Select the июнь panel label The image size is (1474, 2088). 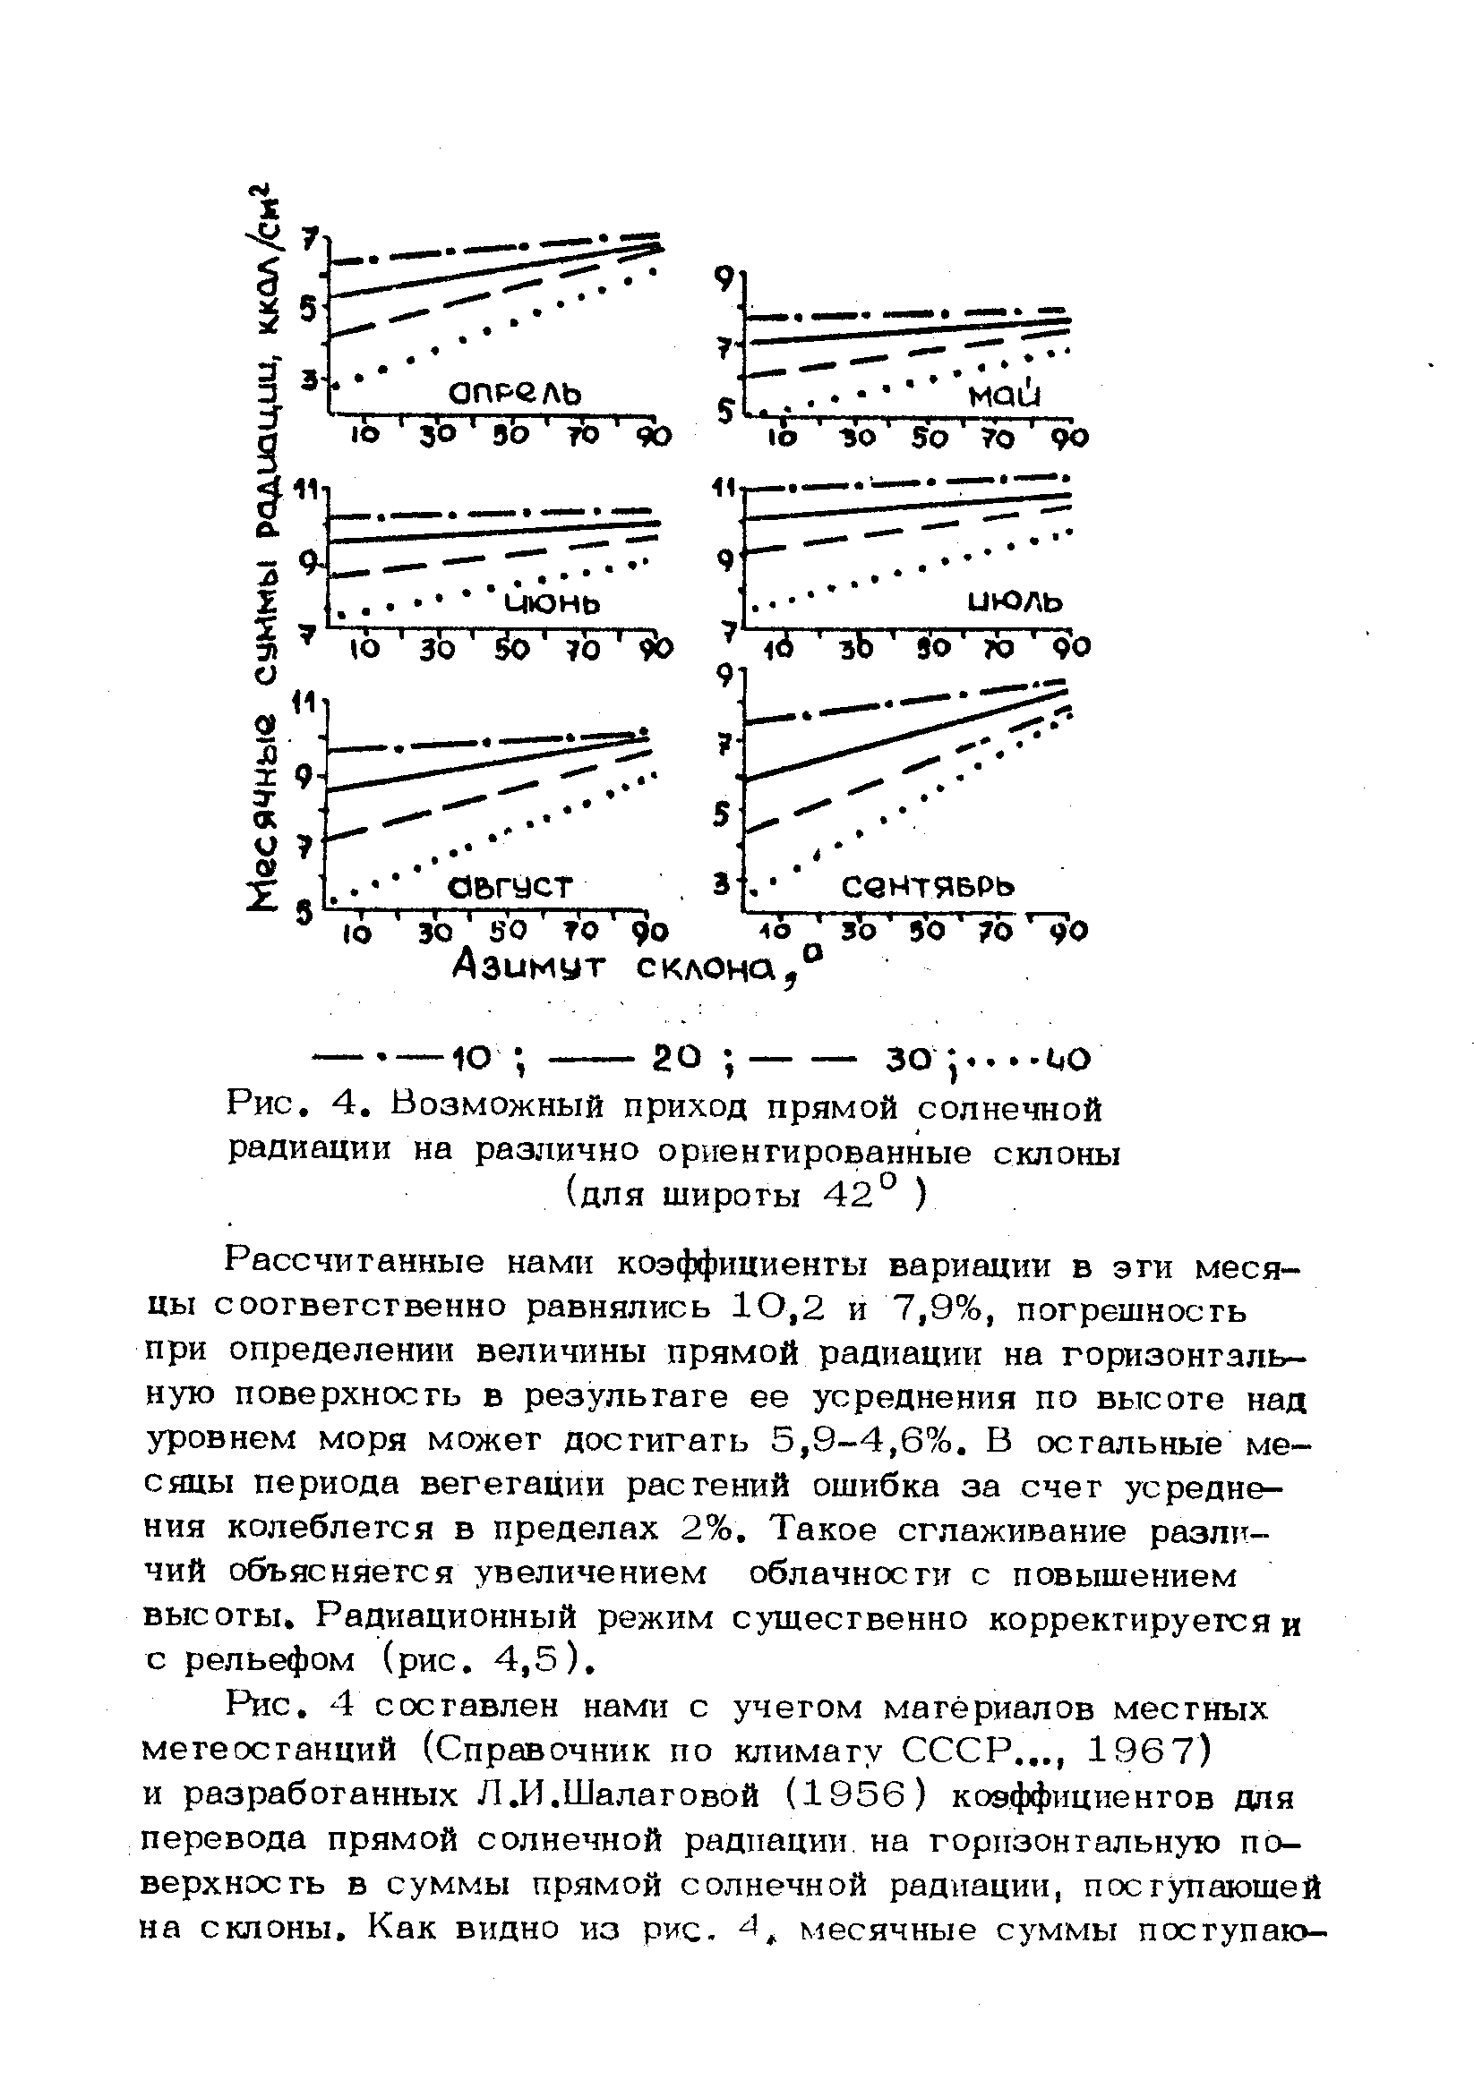[553, 602]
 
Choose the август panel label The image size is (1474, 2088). [510, 885]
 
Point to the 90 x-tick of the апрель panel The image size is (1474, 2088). [654, 438]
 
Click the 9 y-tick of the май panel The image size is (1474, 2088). [724, 282]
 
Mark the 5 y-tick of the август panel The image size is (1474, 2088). [303, 912]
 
